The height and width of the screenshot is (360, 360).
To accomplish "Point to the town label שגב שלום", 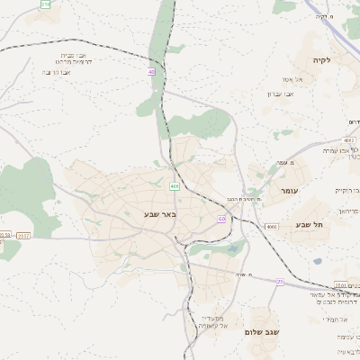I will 262,332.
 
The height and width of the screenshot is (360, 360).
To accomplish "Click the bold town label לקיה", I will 321,60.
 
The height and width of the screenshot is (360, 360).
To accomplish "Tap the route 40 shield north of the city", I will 151,71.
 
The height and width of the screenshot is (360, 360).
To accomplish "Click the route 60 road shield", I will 220,219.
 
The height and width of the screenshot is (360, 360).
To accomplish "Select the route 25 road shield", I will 280,282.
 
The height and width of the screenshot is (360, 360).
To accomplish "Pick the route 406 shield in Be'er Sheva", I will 175,185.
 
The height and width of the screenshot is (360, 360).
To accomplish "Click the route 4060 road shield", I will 270,227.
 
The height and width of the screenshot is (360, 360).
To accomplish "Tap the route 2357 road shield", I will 22,236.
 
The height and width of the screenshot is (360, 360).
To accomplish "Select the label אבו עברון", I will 281,94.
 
